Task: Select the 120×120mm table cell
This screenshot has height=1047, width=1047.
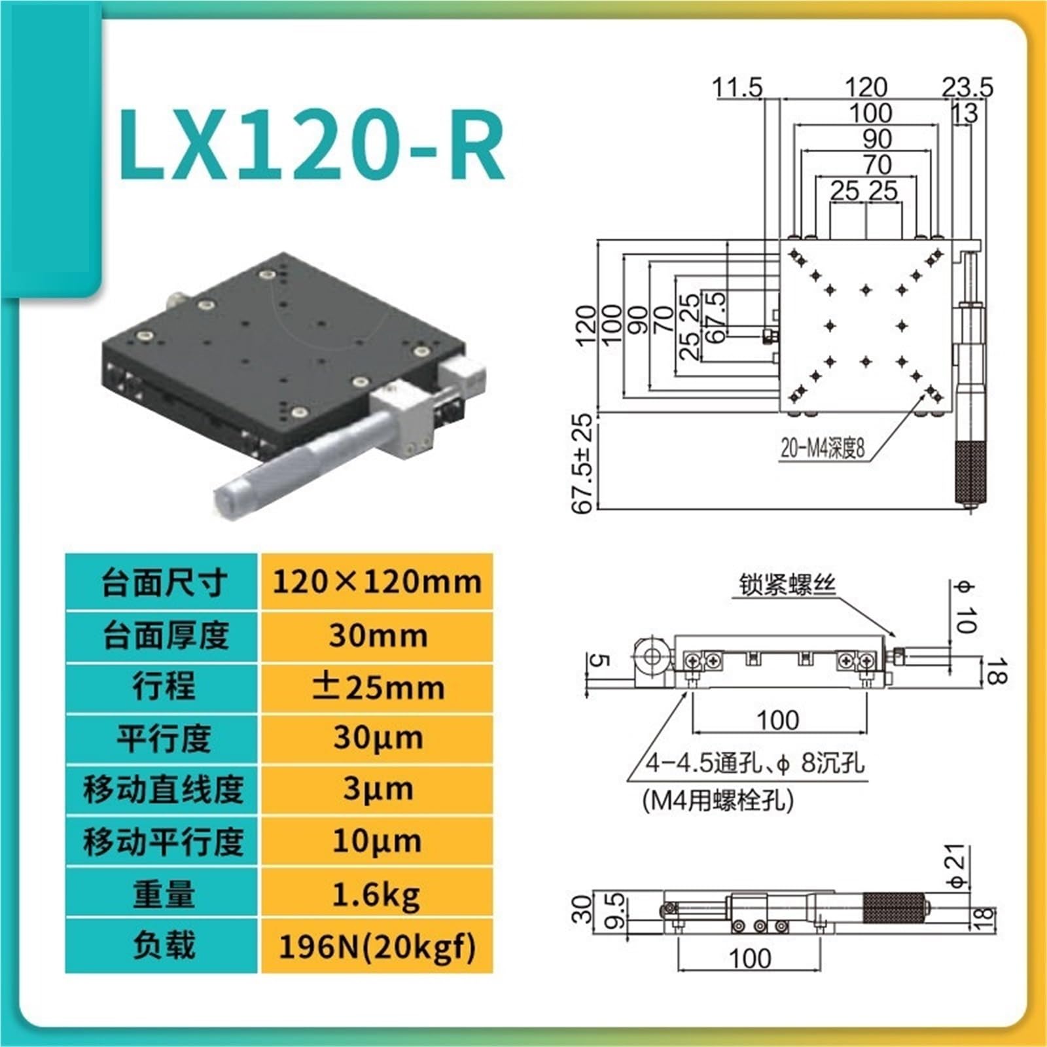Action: coord(376,582)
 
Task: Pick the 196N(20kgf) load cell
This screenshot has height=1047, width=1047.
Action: coord(376,946)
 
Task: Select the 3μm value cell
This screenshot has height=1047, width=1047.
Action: coord(376,790)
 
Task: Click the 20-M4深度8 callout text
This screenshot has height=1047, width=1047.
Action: coord(823,448)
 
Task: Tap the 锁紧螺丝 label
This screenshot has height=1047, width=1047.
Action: coord(788,584)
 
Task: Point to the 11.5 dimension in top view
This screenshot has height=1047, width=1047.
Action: coord(737,87)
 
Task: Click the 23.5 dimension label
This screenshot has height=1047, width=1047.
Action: coord(967,87)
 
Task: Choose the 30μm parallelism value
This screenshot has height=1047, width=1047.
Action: coord(378,739)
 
